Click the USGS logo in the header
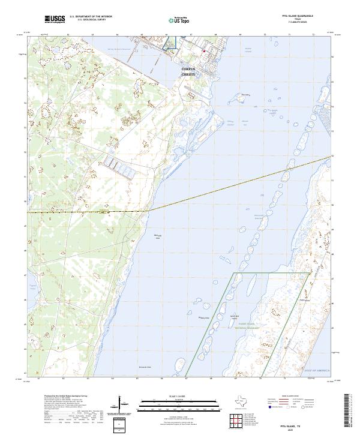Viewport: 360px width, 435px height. pyautogui.click(x=55, y=19)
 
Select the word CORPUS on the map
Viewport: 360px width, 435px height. pyautogui.click(x=189, y=69)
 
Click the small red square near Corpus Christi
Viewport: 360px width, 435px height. pyautogui.click(x=204, y=51)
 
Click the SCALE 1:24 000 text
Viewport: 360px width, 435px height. pyautogui.click(x=162, y=395)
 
